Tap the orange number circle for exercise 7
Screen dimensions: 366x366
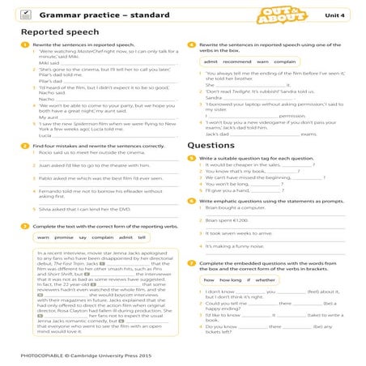189,263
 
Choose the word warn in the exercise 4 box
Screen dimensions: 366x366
262,62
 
